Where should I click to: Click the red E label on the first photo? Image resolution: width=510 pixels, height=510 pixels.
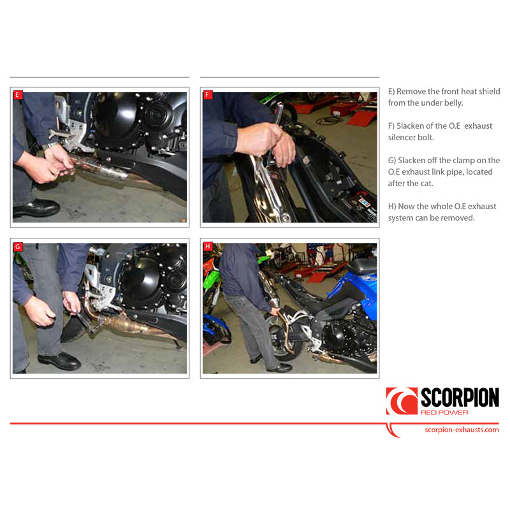pos(18,95)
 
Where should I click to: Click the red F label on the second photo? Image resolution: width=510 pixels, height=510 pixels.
pos(207,95)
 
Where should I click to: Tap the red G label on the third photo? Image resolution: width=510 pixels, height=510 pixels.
pos(18,246)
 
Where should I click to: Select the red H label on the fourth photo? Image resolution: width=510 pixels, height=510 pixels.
pos(207,246)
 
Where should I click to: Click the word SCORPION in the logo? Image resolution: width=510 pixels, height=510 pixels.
pos(460,398)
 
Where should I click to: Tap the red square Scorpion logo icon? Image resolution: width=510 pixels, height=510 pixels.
pos(402,401)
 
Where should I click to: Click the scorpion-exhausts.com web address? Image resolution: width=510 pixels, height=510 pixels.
pos(462,430)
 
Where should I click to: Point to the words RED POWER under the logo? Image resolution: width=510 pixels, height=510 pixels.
pos(444,412)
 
